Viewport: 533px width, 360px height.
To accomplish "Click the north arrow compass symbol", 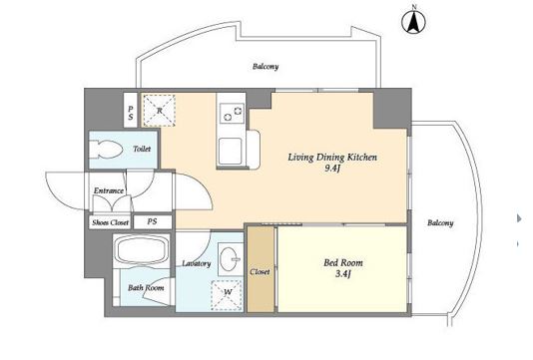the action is (413, 22).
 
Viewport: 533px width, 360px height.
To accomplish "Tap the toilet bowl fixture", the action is (106, 150).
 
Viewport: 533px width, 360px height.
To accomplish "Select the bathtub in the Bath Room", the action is (142, 249).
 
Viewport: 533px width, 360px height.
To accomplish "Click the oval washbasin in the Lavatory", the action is (230, 258).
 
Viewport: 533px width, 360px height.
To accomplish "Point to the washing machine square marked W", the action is (227, 295).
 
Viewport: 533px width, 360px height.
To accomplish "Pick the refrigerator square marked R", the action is (159, 111).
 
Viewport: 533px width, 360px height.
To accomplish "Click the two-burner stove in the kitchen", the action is (233, 114).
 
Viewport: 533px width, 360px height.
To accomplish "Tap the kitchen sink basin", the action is (231, 151).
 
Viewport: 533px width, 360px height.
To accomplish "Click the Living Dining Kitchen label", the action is (332, 158).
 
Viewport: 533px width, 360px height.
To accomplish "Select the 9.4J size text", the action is (332, 169).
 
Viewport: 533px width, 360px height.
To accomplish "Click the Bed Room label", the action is (343, 262).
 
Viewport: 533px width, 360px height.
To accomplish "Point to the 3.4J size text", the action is (343, 273).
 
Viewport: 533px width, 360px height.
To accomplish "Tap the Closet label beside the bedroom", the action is (261, 271).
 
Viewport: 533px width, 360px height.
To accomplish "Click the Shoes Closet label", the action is (111, 222).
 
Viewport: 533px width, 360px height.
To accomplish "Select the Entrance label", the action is (109, 190).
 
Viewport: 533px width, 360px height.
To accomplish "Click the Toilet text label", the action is (142, 149).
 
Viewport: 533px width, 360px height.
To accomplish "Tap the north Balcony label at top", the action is (266, 66).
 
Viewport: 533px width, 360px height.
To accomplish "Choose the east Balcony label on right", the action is (440, 222).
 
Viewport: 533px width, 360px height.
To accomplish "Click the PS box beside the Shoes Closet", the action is (153, 221).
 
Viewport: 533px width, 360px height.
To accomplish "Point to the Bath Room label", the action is (146, 288).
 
